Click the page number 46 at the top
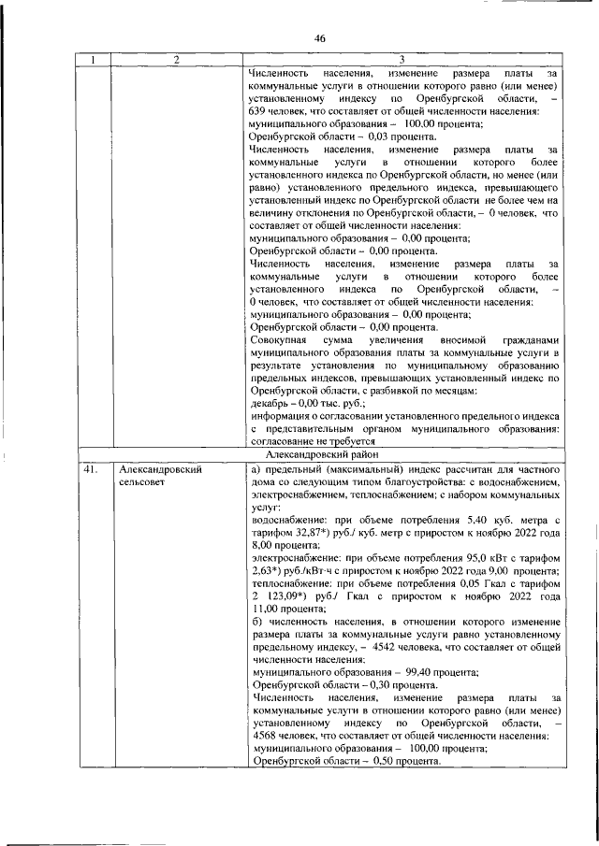319,38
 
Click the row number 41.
90,468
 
